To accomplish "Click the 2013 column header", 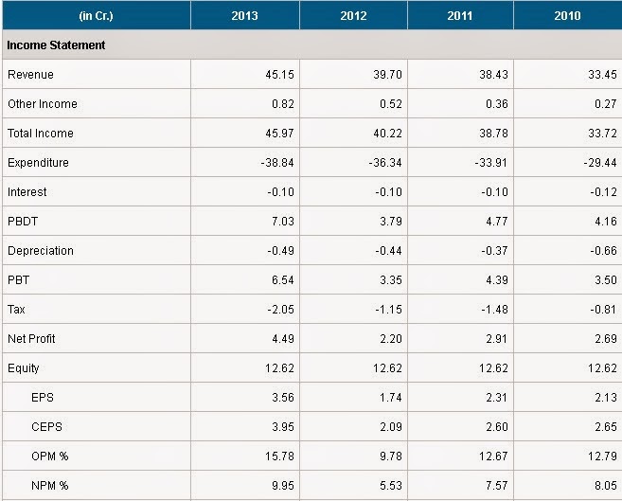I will pyautogui.click(x=244, y=15).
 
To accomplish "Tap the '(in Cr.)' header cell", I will pyautogui.click(x=96, y=15).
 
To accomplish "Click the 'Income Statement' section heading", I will pyautogui.click(x=56, y=45).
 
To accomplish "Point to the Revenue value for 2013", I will pyautogui.click(x=279, y=75).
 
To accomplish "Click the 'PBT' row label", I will pyautogui.click(x=19, y=280).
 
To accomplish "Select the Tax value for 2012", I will pyautogui.click(x=386, y=310).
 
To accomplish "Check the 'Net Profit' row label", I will pyautogui.click(x=33, y=339).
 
